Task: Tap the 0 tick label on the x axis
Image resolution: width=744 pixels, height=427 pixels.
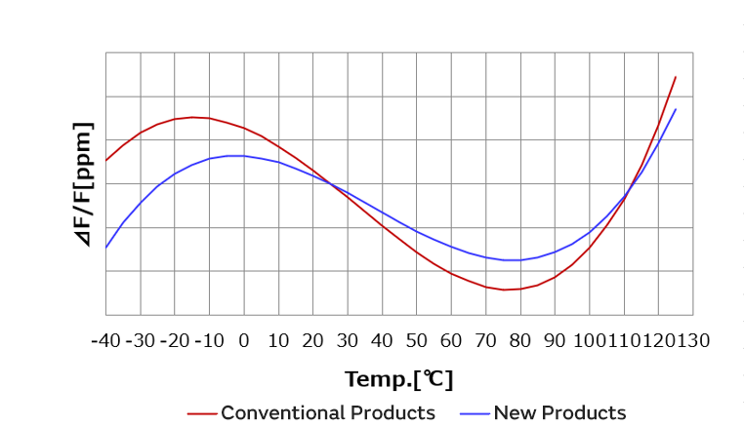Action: [x=243, y=340]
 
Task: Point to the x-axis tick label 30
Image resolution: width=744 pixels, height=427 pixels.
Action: [x=347, y=340]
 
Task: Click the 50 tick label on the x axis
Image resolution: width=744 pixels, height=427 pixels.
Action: [x=416, y=340]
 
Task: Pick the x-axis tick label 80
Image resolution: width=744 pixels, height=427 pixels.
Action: [x=519, y=340]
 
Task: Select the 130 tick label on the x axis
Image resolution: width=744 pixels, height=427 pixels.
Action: [x=692, y=340]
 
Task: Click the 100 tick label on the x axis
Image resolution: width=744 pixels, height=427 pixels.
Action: [x=588, y=340]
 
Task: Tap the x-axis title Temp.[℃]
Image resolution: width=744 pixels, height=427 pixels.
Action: [x=398, y=378]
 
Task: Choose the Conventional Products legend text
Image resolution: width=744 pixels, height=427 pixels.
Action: [x=328, y=412]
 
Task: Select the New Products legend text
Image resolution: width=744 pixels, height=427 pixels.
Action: [x=559, y=412]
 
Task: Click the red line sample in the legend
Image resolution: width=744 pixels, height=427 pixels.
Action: [x=201, y=413]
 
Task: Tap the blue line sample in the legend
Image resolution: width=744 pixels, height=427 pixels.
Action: [x=474, y=413]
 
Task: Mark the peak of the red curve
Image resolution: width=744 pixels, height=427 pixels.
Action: [x=192, y=117]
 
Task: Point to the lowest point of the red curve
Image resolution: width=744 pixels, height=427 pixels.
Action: [x=504, y=290]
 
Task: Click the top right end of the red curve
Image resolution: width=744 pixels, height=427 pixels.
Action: [x=676, y=77]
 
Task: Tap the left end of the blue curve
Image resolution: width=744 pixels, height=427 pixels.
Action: [x=105, y=248]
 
